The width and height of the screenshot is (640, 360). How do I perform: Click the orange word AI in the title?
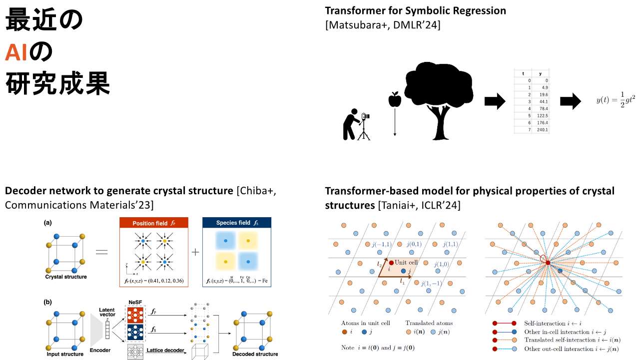coord(16,52)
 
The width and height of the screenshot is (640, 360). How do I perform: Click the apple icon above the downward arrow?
coord(395,99)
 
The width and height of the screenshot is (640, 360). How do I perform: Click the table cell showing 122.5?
coord(542,115)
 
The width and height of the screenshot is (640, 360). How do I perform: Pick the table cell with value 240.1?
coord(542,129)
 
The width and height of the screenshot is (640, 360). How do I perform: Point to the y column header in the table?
coord(540,73)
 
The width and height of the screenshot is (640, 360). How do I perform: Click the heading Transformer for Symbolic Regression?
coord(415,10)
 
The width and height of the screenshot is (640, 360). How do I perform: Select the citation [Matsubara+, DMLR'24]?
coord(383,25)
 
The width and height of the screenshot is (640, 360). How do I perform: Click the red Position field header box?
coord(154,223)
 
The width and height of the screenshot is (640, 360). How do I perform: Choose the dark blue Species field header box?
coord(236,223)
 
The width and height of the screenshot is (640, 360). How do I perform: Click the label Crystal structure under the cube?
coord(65,277)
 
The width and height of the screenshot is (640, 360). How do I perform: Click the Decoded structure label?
coord(255,354)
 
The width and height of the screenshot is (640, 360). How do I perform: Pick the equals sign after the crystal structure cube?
coord(101,252)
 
